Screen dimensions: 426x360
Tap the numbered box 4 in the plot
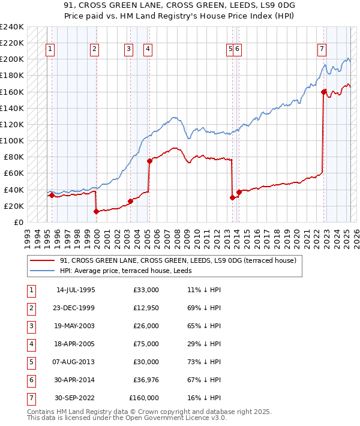[148, 49]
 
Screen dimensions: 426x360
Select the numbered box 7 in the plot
[322, 49]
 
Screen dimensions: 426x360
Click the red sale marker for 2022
[323, 92]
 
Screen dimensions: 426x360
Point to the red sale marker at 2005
[149, 161]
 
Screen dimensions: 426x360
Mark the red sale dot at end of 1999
[96, 211]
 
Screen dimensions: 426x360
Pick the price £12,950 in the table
[145, 308]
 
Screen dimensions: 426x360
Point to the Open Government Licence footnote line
[127, 419]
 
